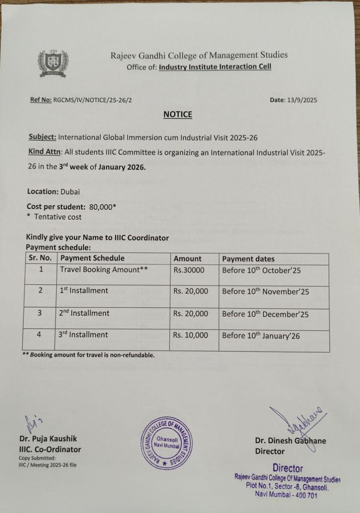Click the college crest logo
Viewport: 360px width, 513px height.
pos(53,63)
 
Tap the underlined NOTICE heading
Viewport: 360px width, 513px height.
pos(178,115)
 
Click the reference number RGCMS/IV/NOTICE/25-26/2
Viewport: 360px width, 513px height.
pos(92,100)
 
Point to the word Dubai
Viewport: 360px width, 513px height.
pos(70,192)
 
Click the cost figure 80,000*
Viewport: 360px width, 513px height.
pos(103,207)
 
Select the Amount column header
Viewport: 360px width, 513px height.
pos(187,259)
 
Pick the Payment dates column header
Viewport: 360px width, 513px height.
pos(248,259)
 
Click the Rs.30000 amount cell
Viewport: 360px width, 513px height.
pos(189,270)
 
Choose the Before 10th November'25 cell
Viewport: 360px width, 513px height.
pos(265,292)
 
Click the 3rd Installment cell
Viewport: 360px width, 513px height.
pos(83,335)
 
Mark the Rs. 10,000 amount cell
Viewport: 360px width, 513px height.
pos(191,335)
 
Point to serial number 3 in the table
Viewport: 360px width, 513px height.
pos(40,313)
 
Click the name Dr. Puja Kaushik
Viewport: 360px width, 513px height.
pos(48,439)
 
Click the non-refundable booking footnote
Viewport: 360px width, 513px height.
pos(88,355)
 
